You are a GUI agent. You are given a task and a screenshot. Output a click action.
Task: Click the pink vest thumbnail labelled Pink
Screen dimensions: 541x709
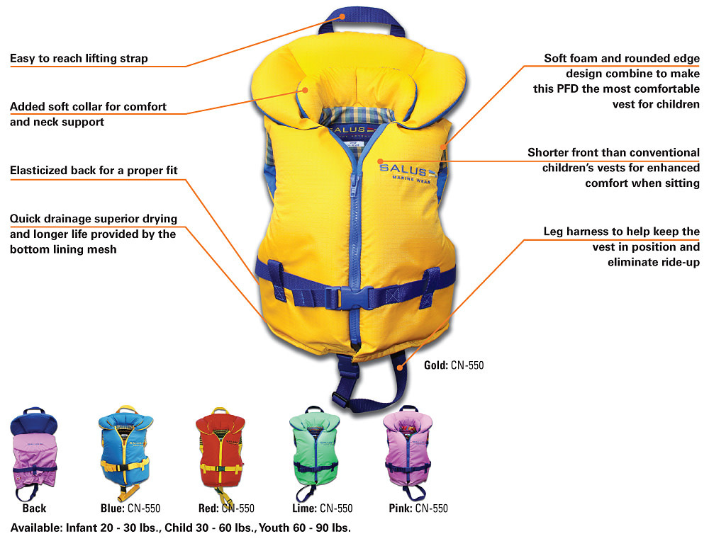(409, 448)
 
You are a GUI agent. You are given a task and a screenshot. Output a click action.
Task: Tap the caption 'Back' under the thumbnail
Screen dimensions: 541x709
(33, 508)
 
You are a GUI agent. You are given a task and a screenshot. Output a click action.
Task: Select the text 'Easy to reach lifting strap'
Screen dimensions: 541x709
(79, 58)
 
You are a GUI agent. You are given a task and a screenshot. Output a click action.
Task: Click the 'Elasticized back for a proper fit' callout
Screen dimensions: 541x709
(94, 171)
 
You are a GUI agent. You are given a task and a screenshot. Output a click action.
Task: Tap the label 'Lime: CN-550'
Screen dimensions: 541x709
(323, 508)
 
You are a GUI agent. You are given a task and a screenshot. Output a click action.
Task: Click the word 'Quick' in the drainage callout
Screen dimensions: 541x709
(26, 218)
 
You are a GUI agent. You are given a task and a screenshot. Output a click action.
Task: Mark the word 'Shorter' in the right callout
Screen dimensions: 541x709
(550, 152)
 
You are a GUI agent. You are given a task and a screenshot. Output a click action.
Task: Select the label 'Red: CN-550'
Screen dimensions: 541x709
(225, 508)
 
